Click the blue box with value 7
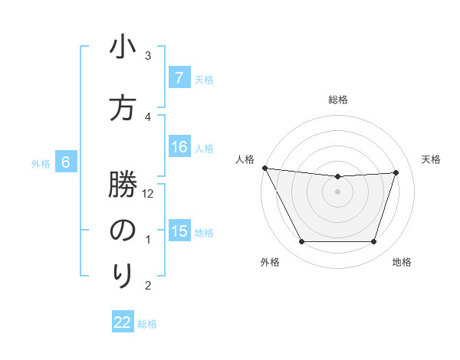[x=179, y=78]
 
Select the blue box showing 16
[x=179, y=147]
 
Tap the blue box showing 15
[x=179, y=231]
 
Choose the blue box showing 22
[x=123, y=322]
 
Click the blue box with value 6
[x=66, y=162]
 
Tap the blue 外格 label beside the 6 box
[x=40, y=163]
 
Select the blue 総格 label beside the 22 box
[x=147, y=323]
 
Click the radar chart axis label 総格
[x=337, y=100]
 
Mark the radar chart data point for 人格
[x=264, y=168]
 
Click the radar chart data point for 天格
[x=396, y=172]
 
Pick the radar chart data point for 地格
[x=373, y=242]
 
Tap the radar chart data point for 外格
[x=301, y=242]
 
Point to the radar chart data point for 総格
[x=337, y=177]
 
